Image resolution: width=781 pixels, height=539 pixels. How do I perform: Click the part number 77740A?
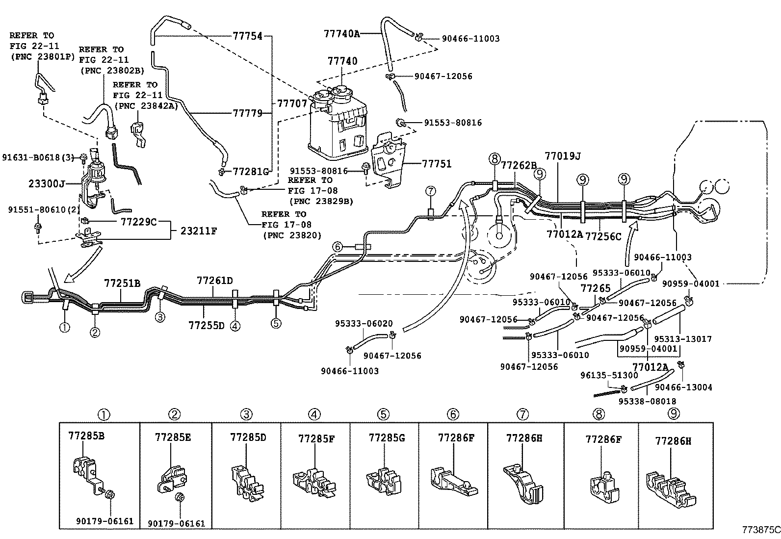(x=341, y=33)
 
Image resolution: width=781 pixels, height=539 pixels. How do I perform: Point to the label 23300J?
(x=47, y=183)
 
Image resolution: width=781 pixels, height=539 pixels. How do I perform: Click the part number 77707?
(x=292, y=103)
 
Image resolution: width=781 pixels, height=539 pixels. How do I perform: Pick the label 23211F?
(x=199, y=231)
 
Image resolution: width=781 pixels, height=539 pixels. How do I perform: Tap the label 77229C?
(x=139, y=222)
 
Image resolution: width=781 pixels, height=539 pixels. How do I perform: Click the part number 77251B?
(x=122, y=283)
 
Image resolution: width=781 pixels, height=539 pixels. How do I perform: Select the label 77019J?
(x=563, y=156)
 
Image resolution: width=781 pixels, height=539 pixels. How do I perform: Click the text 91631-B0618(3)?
(x=38, y=157)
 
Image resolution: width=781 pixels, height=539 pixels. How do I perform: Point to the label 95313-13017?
(x=683, y=338)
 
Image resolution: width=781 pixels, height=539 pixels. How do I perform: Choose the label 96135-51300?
(x=609, y=375)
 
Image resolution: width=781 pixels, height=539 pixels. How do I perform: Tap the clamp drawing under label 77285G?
(x=384, y=481)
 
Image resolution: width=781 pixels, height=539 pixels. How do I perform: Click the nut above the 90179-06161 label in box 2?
(x=180, y=497)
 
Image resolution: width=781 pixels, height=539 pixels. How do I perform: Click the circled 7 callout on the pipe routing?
(x=431, y=191)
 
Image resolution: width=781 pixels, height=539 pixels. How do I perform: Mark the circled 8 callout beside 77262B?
(x=495, y=159)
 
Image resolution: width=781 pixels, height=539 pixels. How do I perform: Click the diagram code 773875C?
(x=761, y=530)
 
